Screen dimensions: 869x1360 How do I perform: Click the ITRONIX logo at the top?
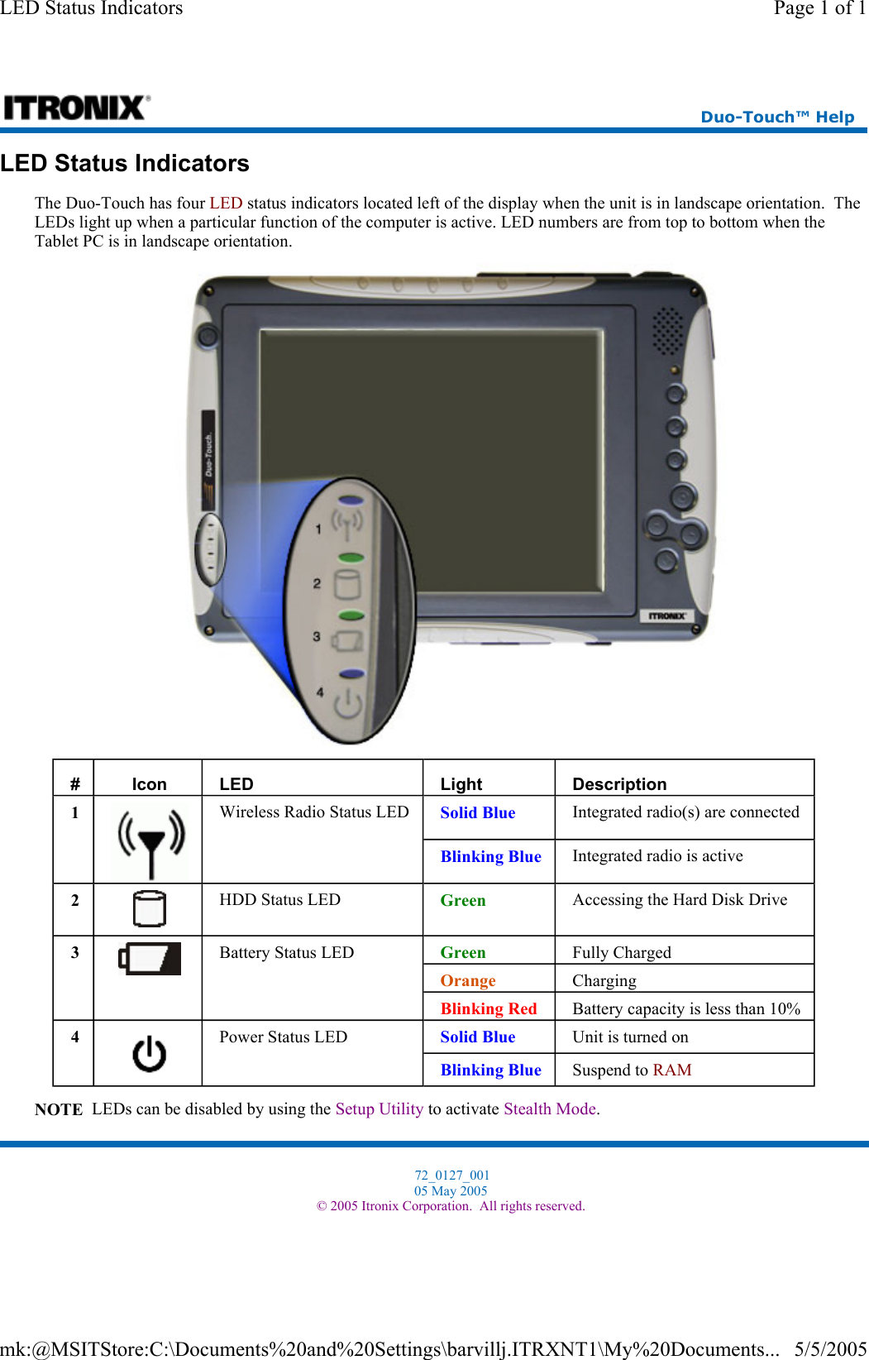coord(76,108)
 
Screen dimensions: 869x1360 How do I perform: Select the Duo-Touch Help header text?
coord(776,117)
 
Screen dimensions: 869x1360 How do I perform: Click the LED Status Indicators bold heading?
coord(125,164)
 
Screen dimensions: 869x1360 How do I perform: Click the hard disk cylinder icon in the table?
coord(150,908)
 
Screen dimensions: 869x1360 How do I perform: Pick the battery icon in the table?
coord(150,959)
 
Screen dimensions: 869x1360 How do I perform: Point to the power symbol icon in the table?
coord(150,1054)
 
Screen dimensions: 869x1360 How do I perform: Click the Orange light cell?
coord(468,980)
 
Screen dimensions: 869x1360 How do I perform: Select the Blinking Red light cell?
coord(489,1008)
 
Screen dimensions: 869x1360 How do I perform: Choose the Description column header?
coord(619,784)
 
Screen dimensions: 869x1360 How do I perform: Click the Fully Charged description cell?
coord(622,952)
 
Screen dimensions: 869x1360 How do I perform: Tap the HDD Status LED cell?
coord(279,900)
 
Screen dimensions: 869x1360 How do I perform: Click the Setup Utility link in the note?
coord(379,1109)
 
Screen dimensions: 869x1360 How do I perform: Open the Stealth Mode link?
coord(550,1109)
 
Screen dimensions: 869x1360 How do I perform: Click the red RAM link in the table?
coord(672,1070)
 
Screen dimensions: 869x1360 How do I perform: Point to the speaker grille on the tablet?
coord(667,330)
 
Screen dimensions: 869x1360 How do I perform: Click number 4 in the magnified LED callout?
coord(319,692)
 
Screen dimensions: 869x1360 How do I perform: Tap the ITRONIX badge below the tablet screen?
coord(666,616)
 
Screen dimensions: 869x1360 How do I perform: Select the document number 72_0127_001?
coord(451,1175)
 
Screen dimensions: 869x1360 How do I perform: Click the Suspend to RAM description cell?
coord(632,1070)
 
